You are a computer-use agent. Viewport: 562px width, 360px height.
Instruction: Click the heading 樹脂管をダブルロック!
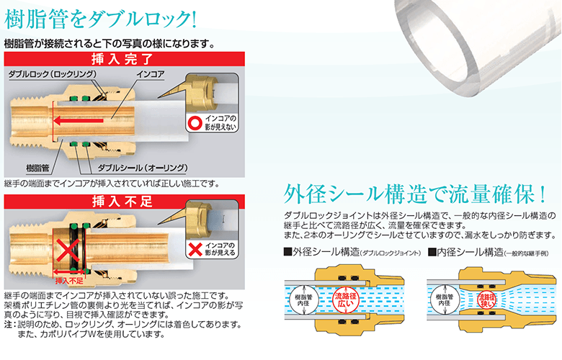100,19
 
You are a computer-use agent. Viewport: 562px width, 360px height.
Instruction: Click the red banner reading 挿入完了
125,59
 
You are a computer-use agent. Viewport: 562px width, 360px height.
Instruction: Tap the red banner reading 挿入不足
125,202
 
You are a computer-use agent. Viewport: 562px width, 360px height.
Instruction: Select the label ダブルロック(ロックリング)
53,74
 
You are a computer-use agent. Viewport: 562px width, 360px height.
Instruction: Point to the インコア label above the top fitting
151,74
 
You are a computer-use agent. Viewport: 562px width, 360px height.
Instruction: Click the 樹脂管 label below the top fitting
37,168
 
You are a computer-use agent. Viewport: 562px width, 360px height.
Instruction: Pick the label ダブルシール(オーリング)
143,168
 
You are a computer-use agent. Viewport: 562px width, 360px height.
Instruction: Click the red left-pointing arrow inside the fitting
78,120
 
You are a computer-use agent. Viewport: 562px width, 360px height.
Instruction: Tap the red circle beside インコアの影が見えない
195,122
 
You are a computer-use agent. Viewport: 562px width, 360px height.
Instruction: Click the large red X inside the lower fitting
68,251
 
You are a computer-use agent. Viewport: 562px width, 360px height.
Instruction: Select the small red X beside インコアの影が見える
195,249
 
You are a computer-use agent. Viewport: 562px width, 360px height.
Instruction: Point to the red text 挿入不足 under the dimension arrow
69,282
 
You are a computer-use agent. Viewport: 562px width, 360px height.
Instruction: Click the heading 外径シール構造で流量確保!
415,194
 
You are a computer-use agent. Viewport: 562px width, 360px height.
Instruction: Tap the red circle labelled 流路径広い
346,300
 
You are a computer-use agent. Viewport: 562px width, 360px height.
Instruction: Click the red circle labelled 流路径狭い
487,300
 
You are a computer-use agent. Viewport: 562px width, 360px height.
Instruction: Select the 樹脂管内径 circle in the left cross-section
303,300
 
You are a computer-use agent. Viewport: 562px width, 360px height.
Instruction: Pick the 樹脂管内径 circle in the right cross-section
445,300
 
